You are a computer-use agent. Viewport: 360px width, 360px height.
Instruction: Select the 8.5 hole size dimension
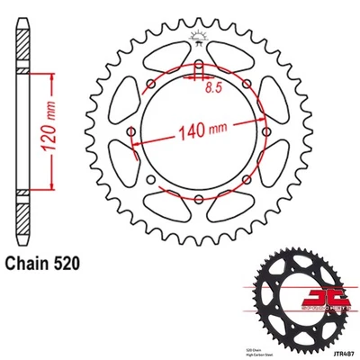click(213, 88)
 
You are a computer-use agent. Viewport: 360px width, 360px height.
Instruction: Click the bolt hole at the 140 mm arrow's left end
click(132, 134)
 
